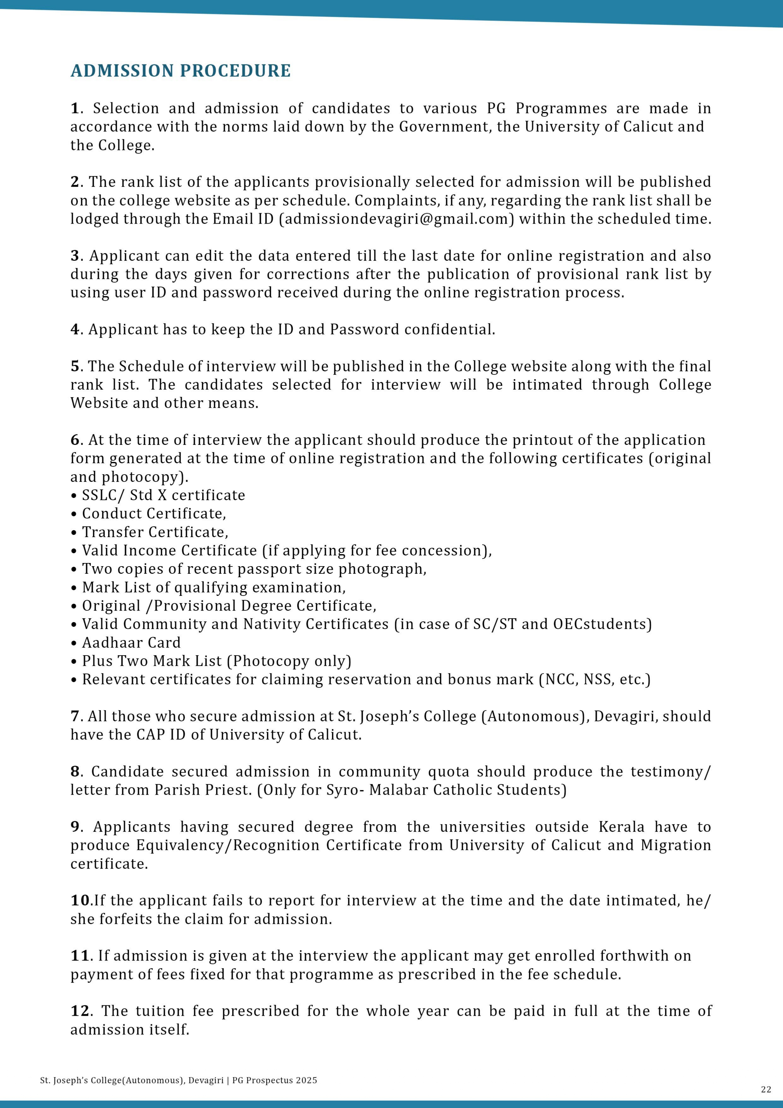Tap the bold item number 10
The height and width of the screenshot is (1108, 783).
[x=80, y=901]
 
